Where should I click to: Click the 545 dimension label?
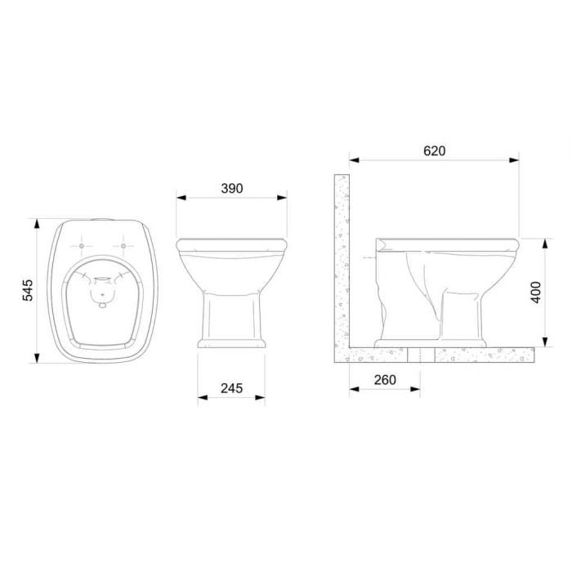pos(28,290)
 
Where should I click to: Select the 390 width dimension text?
pos(231,188)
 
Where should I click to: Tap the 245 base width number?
pos(231,388)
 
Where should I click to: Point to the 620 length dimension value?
pos(435,150)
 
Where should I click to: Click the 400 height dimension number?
pos(536,293)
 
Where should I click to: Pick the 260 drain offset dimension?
pos(385,380)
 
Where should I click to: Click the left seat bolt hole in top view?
pos(82,246)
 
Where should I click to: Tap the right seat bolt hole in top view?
pos(123,246)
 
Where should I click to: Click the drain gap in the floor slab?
pos(421,355)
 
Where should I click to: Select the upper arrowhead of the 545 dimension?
pos(37,224)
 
